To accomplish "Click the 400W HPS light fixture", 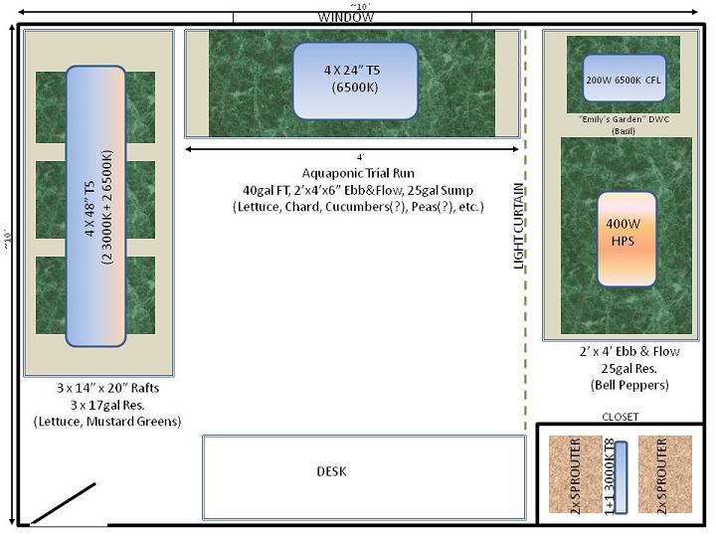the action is coord(626,240).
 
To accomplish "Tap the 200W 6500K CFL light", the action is coord(625,79).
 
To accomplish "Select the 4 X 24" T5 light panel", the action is coord(355,82).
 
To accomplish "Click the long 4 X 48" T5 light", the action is coord(95,206).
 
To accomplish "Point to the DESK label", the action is coord(331,471).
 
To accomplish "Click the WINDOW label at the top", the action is coord(346,17).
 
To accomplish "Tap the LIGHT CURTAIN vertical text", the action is coord(519,226).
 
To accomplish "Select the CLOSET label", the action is coord(621,417).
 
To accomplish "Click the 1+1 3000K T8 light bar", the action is coord(621,477).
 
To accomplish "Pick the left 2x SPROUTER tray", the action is coord(576,474).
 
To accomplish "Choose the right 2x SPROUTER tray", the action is coord(665,474).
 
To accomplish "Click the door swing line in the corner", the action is coord(63,503).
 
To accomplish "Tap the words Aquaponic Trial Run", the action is coord(358,173).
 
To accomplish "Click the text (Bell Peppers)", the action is coord(629,385).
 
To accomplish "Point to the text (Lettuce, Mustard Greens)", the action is coord(107,421).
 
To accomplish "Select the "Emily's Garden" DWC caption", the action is coord(624,119).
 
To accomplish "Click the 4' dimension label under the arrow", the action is coord(360,157).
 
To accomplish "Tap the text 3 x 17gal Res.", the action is coord(107,405).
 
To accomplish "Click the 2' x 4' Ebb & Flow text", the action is coord(629,352).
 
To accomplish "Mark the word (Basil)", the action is coord(624,131).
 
